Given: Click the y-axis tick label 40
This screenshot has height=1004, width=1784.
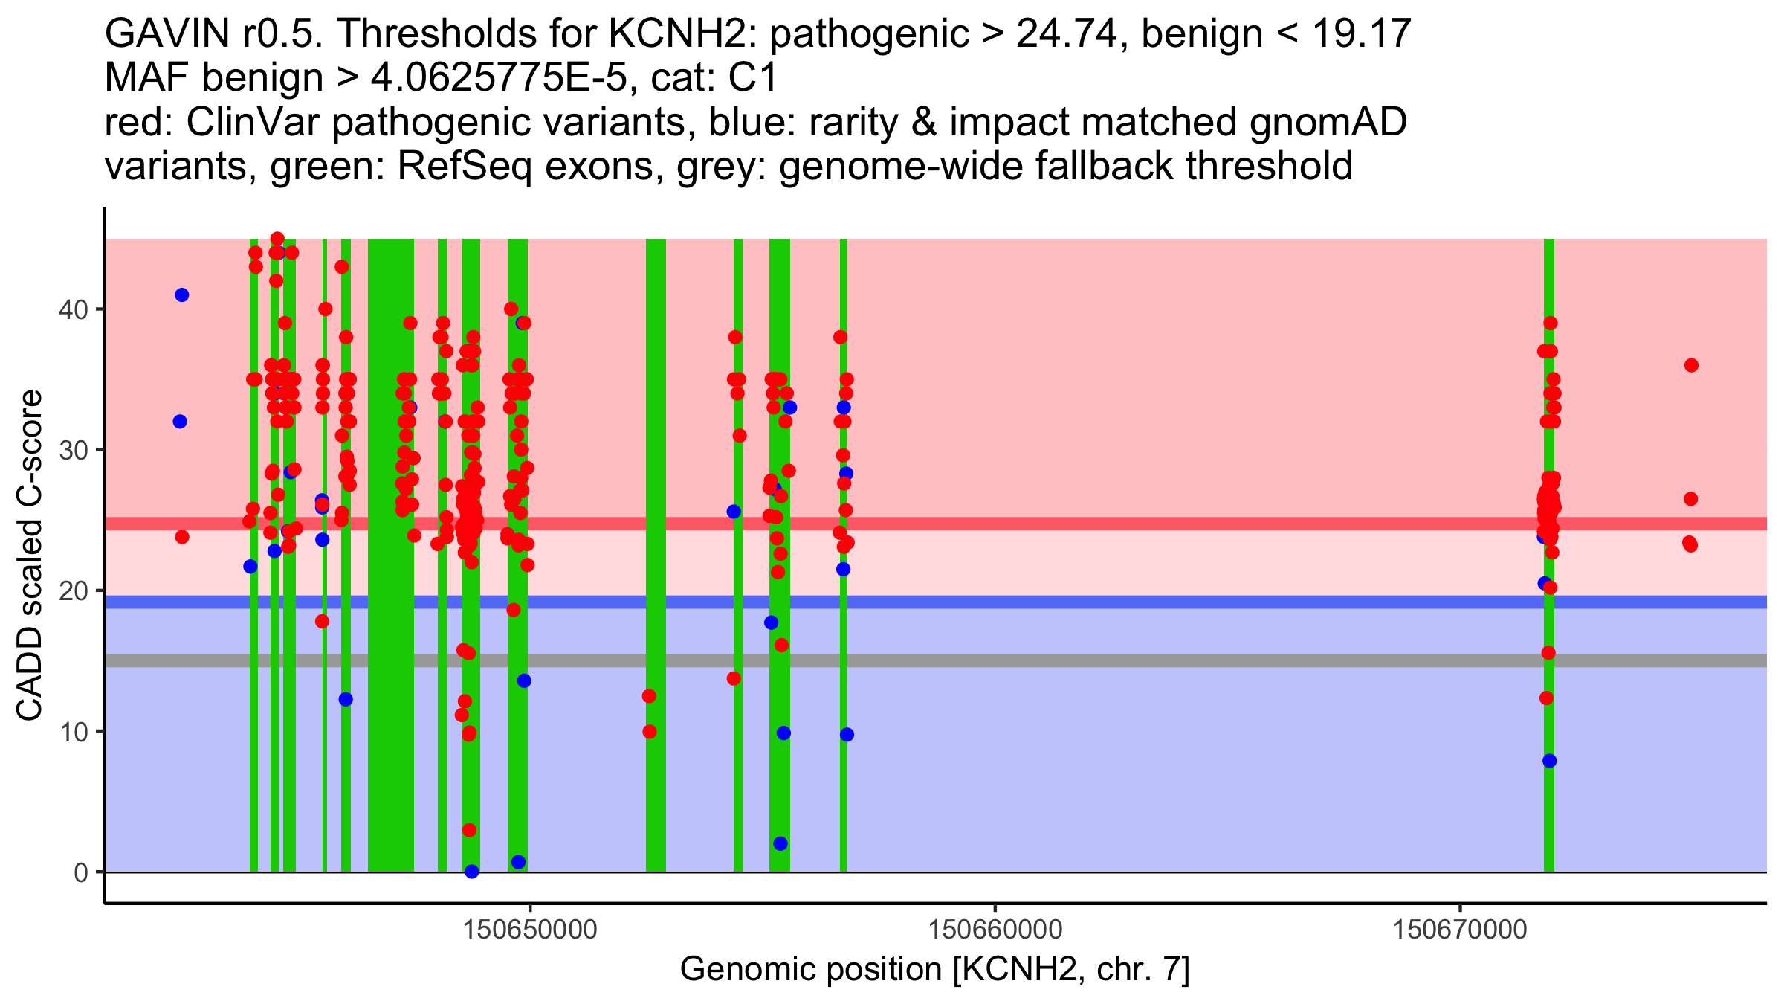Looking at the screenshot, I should point(72,309).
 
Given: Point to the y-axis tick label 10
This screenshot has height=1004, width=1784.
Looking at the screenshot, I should point(72,732).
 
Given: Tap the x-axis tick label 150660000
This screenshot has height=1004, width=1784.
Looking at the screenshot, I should point(995,930).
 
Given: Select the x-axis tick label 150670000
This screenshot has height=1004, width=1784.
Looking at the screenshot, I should point(1460,930).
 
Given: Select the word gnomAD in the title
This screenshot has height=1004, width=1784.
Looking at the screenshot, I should point(1328,122).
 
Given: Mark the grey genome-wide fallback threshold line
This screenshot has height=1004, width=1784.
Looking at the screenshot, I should point(1115,660).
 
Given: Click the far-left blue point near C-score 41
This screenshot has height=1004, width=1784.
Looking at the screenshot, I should point(182,295).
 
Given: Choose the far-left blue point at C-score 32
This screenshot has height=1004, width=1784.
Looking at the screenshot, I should point(180,422).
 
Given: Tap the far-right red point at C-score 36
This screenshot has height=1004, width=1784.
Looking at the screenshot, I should point(1691,365).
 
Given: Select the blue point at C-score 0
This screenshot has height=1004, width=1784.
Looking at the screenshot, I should point(471,872).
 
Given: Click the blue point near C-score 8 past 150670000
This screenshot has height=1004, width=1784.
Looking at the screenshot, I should point(1549,761).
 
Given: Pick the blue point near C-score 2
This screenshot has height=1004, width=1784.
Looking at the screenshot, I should point(780,843).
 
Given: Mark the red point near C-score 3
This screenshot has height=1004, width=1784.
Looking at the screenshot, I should point(469,830).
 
